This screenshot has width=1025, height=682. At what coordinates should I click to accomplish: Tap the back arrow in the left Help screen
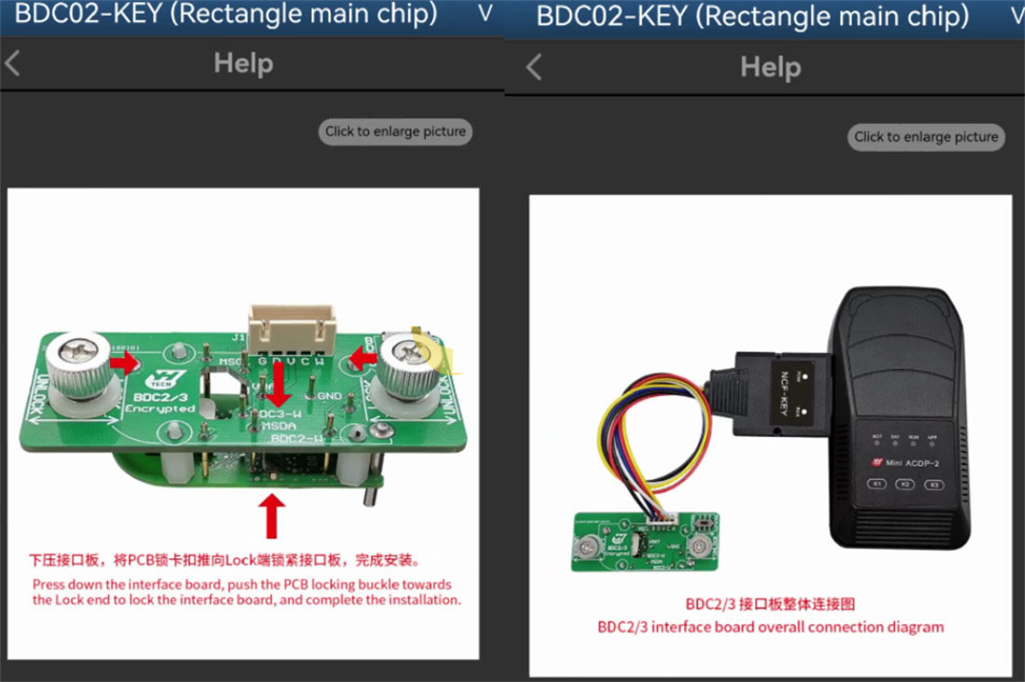(13, 63)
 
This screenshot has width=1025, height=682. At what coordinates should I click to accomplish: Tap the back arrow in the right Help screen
(534, 67)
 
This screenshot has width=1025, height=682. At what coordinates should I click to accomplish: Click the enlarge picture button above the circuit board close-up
(395, 131)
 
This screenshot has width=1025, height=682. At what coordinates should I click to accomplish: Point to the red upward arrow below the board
(272, 515)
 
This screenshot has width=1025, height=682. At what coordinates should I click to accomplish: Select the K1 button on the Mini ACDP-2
(876, 484)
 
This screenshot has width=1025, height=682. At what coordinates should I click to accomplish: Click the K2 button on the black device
(905, 484)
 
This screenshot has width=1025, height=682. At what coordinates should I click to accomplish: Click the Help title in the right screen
(770, 67)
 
